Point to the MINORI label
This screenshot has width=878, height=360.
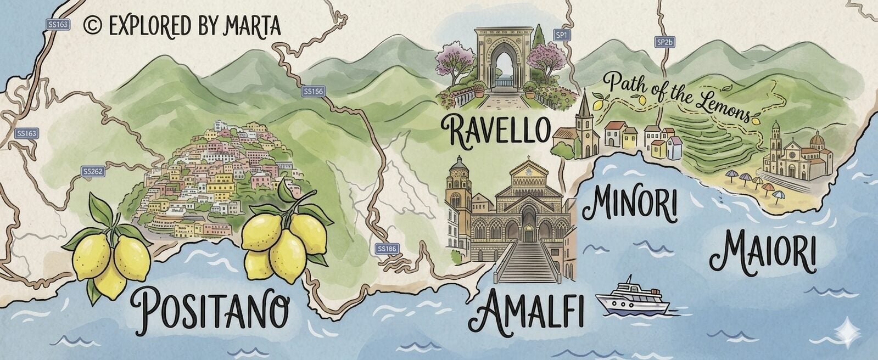click(x=629, y=205)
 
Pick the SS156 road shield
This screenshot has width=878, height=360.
click(x=313, y=91)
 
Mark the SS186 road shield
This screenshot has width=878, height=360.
click(x=387, y=249)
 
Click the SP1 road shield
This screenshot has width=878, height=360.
click(x=561, y=36)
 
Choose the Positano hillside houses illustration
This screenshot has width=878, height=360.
click(x=220, y=176)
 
